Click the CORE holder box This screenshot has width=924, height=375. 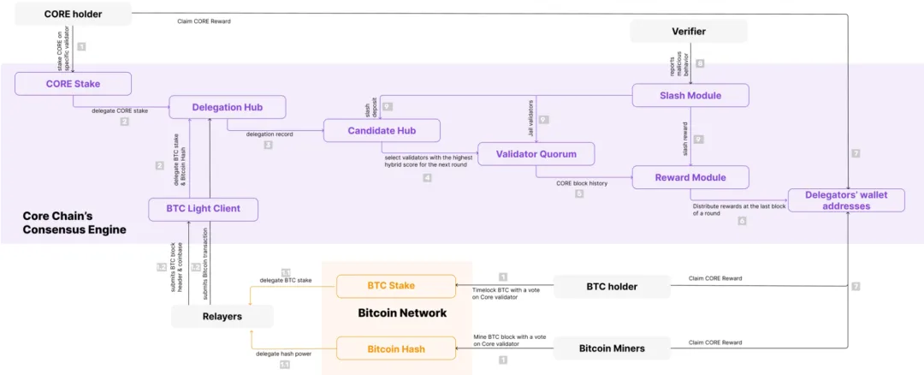(74, 14)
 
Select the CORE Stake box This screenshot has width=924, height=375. (74, 84)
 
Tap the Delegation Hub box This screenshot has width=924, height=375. (227, 107)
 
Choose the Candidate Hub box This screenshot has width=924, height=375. (382, 131)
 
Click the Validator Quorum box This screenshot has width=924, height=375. (536, 154)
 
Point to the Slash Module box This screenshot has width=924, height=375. (690, 95)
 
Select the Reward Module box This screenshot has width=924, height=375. (690, 177)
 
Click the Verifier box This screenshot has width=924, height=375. (689, 32)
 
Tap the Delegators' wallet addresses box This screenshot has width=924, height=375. (856, 200)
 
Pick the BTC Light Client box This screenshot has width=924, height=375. (203, 209)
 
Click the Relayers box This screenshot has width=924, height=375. (222, 317)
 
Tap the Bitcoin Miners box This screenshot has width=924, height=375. (611, 348)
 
